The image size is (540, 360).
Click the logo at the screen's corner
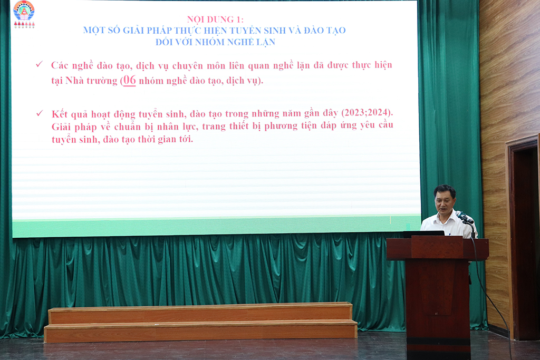pyautogui.click(x=24, y=14)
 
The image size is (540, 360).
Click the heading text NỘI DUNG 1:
pyautogui.click(x=215, y=20)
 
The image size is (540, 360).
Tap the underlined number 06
pyautogui.click(x=130, y=80)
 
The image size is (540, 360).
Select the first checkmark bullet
pyautogui.click(x=40, y=64)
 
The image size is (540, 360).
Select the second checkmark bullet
pyautogui.click(x=40, y=113)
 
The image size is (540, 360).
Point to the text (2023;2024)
pyautogui.click(x=367, y=113)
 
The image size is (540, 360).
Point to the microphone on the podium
pyautogui.click(x=465, y=217)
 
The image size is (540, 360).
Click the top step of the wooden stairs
pyautogui.click(x=200, y=313)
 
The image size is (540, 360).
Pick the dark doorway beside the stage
pyautogui.click(x=525, y=241)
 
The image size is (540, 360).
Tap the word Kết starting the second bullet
pyautogui.click(x=59, y=114)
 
